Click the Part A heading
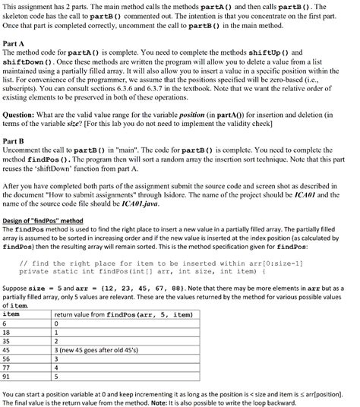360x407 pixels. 16,42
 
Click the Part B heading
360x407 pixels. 16,141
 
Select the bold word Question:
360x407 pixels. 23,112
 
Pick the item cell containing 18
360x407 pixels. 9,331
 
